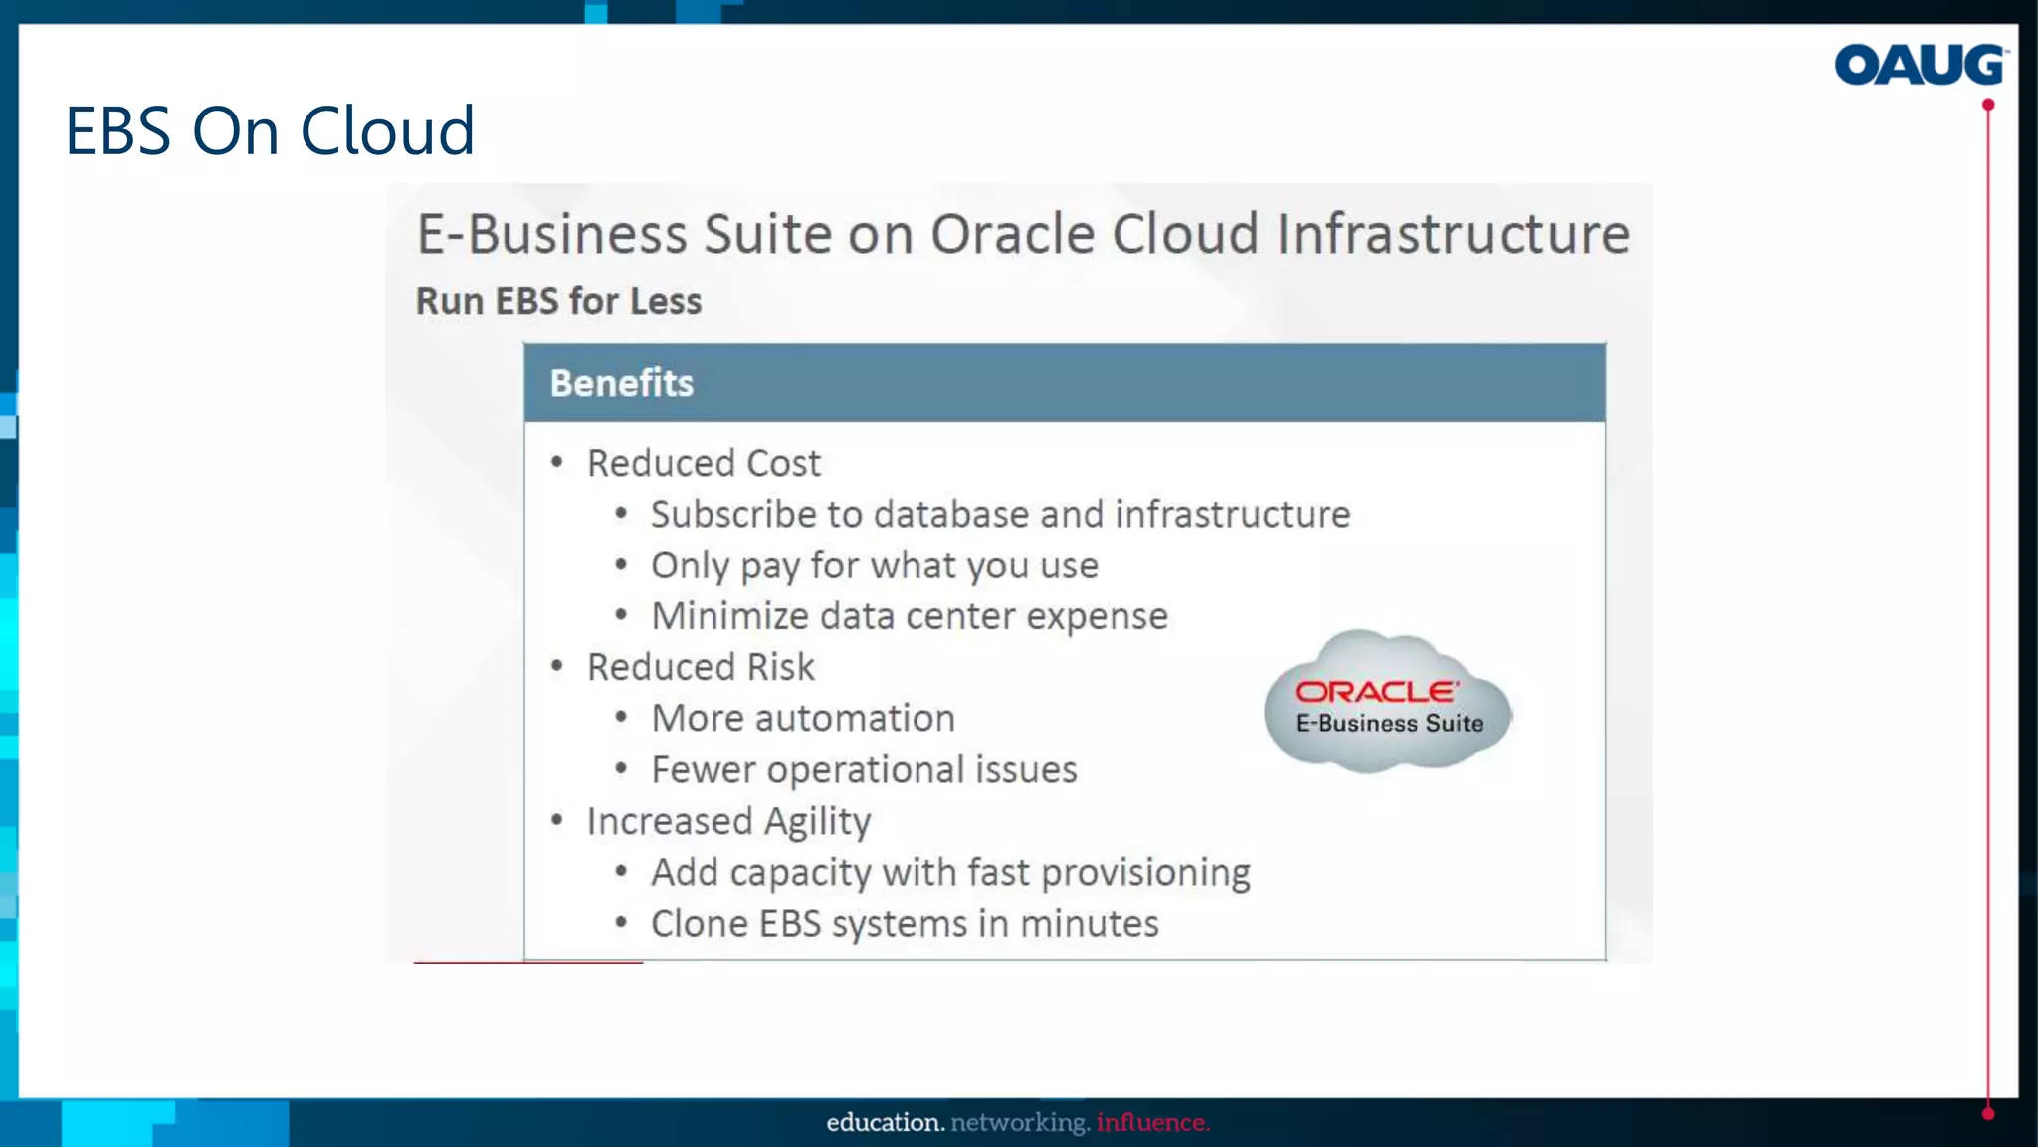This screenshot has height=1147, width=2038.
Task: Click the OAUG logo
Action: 1920,65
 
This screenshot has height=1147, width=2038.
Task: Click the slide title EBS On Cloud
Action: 270,130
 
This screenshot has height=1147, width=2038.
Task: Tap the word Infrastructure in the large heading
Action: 1453,235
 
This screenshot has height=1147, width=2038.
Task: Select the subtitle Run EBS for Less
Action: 558,301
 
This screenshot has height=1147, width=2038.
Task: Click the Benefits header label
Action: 621,383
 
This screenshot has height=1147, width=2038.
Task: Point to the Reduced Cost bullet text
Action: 704,463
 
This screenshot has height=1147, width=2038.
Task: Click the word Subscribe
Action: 733,515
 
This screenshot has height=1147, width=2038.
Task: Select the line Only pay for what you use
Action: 874,566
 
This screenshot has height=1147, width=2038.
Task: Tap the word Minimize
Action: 729,616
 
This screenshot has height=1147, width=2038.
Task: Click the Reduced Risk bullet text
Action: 701,667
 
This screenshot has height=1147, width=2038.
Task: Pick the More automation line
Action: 802,718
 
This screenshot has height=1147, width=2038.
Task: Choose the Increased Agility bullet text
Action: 728,821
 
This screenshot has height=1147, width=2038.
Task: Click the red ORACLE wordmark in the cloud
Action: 1376,691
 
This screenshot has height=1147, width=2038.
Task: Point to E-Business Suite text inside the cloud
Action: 1388,724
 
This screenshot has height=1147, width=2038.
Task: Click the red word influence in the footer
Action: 1152,1123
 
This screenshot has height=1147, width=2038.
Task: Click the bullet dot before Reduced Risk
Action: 557,665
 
